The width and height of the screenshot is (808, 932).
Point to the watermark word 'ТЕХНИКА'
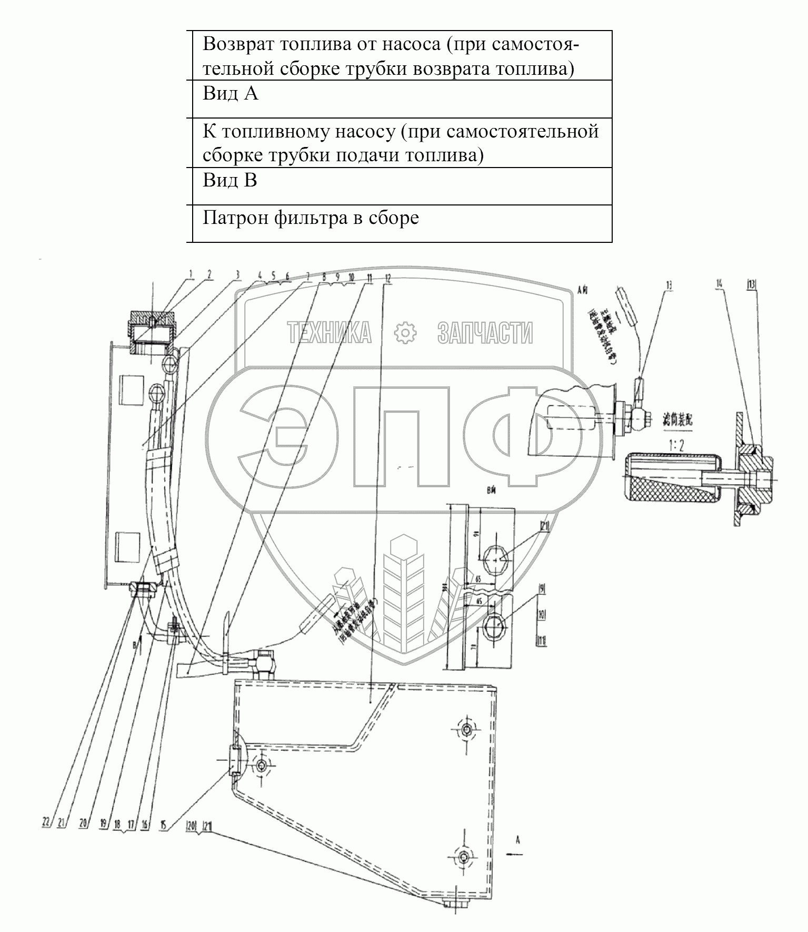pos(329,333)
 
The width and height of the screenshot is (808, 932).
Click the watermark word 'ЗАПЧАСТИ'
pos(485,333)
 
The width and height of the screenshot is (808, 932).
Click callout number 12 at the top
pos(388,280)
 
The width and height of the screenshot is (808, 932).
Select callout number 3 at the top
pos(238,274)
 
